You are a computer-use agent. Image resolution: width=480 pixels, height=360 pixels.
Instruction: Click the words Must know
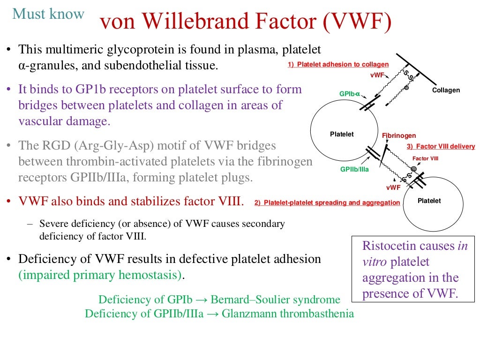pos(48,14)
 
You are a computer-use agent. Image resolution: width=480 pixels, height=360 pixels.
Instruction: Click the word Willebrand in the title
pos(202,22)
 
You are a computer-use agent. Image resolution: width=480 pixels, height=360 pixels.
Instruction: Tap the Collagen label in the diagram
pos(446,90)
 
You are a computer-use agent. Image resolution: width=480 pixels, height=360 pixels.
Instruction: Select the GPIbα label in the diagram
pos(349,94)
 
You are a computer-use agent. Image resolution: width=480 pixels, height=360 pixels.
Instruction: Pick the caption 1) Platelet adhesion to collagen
pos(338,65)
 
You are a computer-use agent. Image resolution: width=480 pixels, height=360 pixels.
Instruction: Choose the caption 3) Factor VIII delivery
pos(441,147)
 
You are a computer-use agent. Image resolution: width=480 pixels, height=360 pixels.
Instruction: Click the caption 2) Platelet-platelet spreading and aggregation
pos(327,203)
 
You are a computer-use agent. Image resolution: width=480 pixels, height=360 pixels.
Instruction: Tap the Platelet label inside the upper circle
pos(342,135)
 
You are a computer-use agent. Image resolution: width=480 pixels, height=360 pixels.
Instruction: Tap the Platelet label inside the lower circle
pos(429,201)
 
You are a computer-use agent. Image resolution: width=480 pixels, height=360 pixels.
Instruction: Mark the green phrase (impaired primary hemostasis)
pos(100,275)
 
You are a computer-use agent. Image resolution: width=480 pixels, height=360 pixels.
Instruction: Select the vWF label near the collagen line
pos(378,75)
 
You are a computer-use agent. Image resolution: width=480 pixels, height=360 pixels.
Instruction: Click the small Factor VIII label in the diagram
pos(425,158)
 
